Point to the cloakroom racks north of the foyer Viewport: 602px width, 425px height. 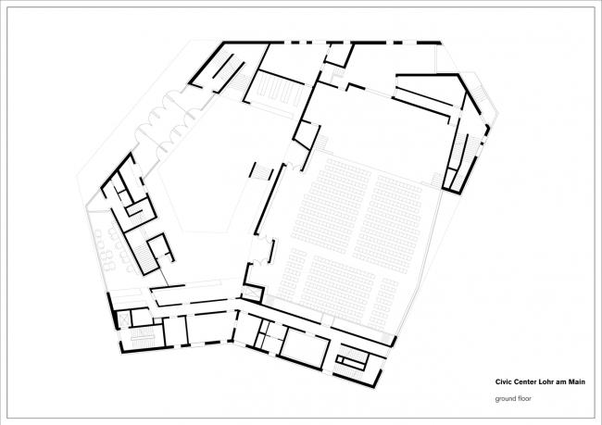tap(275, 91)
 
